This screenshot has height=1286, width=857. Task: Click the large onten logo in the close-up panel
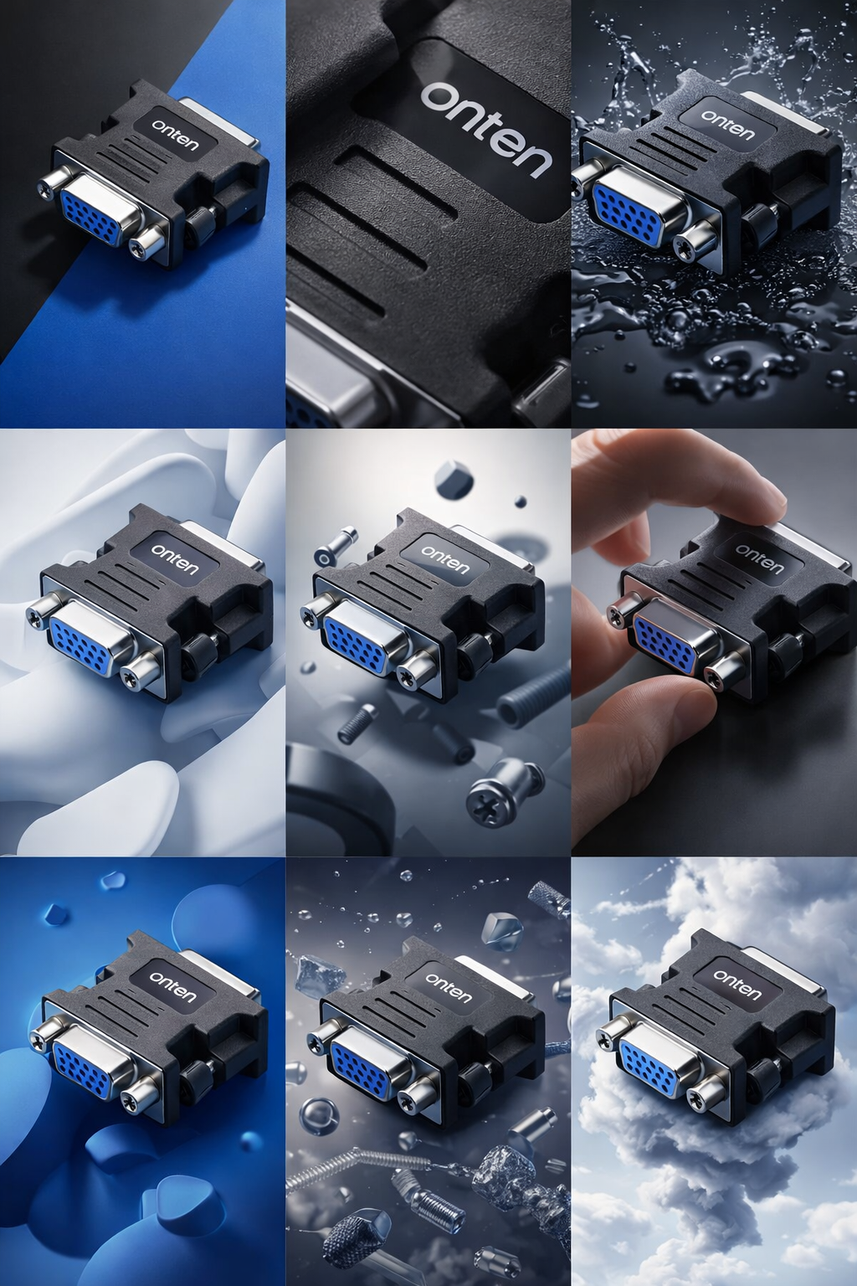486,129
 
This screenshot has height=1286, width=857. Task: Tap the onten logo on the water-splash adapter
727,124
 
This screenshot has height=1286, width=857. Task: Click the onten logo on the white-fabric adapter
175,558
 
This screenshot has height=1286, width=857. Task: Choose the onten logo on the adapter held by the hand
759,559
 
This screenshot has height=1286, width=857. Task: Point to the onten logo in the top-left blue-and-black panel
175,134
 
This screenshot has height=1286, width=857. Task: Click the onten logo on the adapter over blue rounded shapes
172,986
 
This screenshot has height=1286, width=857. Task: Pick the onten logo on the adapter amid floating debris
449,986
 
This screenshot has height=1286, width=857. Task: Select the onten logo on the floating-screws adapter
445,558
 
